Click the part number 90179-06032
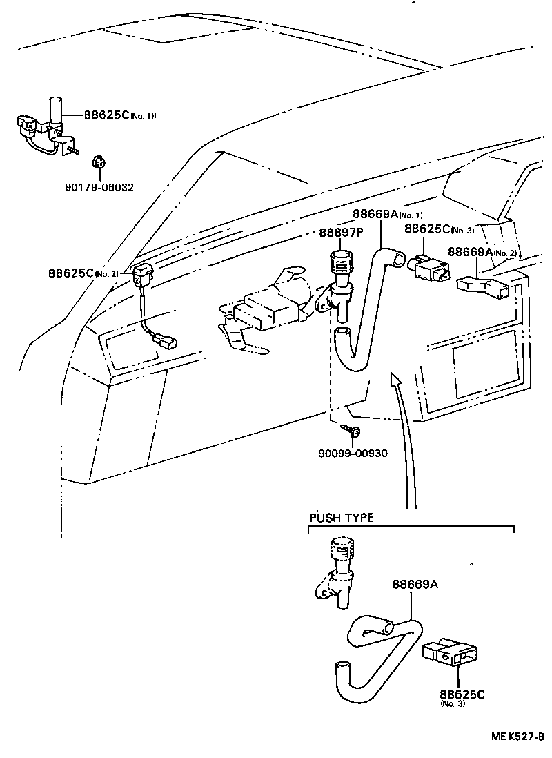(100, 187)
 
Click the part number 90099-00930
(353, 454)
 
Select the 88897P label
(340, 233)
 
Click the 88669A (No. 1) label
(386, 215)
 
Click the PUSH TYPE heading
(340, 518)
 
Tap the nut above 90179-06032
(98, 164)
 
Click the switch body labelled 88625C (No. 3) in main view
(430, 268)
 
